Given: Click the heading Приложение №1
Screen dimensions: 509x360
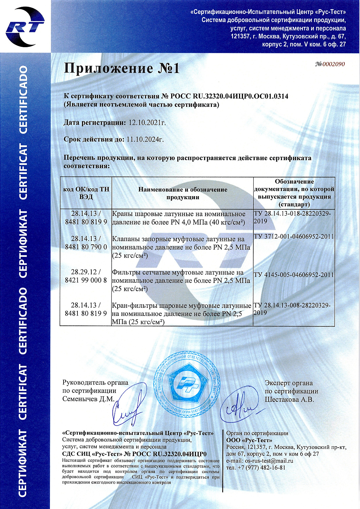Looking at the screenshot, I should tap(122, 68).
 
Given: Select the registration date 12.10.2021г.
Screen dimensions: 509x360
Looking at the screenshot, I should tap(147, 123).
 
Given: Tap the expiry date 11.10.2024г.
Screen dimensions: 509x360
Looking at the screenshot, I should tap(145, 139).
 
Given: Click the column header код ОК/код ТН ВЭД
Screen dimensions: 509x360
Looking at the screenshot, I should tap(86, 193).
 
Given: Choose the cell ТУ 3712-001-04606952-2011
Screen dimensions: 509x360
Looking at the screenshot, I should tap(294, 237).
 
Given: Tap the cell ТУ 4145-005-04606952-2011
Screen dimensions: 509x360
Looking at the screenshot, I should tap(294, 275).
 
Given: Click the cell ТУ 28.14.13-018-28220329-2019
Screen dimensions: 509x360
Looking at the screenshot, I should tap(292, 217).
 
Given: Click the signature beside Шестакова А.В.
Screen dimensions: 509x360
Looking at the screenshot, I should tap(239, 407).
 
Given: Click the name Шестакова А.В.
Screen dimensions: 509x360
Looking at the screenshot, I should tap(289, 399).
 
